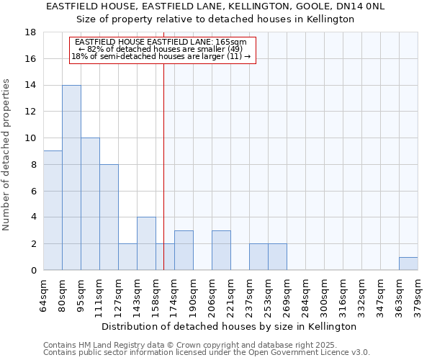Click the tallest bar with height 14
(x=71, y=178)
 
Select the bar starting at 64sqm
(x=53, y=210)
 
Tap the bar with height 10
(x=90, y=204)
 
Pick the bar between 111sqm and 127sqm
(x=109, y=217)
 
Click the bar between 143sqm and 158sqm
(x=146, y=243)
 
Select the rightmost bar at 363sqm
(x=408, y=264)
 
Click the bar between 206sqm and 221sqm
(x=221, y=251)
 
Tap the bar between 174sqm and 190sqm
(x=184, y=251)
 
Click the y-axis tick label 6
(x=34, y=191)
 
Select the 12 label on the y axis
(x=31, y=112)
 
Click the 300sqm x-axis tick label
(x=325, y=294)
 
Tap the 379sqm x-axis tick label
(x=418, y=294)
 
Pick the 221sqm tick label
(x=231, y=294)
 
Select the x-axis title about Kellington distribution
(x=230, y=326)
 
